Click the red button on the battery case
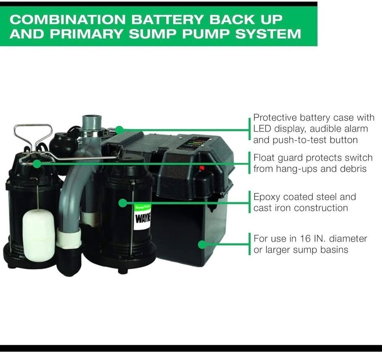pos(202,168)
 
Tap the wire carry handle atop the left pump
pos(33,137)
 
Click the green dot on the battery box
pos(203,244)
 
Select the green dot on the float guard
pos(37,163)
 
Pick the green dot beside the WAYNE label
pos(123,203)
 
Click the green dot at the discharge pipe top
pos(119,129)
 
